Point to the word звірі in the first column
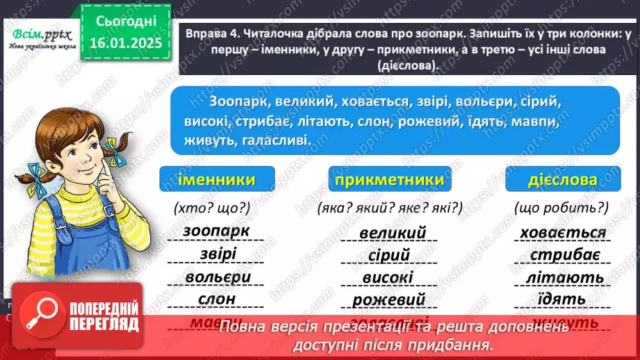(x=211, y=254)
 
